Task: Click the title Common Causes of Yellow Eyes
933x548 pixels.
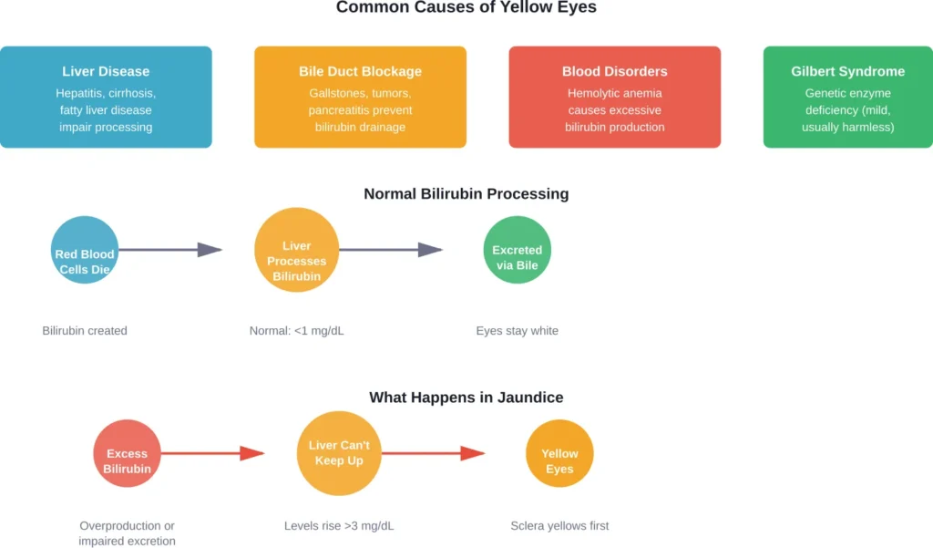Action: tap(466, 8)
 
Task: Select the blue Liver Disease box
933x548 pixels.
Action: tap(106, 98)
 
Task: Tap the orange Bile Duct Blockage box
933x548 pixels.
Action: tap(360, 98)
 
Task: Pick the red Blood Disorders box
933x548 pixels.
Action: tap(615, 98)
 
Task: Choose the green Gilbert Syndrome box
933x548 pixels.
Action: tap(847, 98)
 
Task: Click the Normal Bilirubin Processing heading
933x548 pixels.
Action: tap(466, 193)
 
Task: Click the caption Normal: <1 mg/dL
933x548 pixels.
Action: tap(296, 331)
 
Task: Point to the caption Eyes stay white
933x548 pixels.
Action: tap(517, 331)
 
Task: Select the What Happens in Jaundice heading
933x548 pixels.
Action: tap(466, 398)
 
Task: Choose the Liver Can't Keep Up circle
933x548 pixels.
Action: tap(338, 453)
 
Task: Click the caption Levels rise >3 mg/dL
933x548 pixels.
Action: tap(339, 526)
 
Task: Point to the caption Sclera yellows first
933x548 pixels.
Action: tap(559, 526)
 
